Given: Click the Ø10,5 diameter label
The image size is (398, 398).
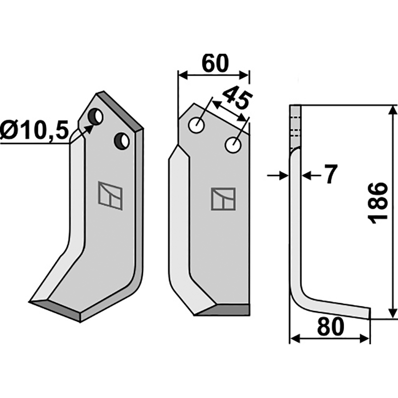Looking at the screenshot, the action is [x=34, y=130].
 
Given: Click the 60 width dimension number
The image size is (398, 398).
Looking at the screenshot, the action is [x=215, y=63].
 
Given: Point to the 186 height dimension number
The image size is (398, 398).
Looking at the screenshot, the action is [x=378, y=203].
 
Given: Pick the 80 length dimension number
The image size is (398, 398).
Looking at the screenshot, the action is [x=331, y=327].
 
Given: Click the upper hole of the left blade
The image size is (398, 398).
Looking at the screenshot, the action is [x=95, y=117].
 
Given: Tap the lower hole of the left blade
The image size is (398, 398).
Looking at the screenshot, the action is [x=122, y=141].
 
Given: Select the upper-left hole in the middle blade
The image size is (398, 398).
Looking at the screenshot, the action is [x=197, y=125].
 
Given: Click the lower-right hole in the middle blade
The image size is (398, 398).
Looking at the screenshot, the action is [x=233, y=145].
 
